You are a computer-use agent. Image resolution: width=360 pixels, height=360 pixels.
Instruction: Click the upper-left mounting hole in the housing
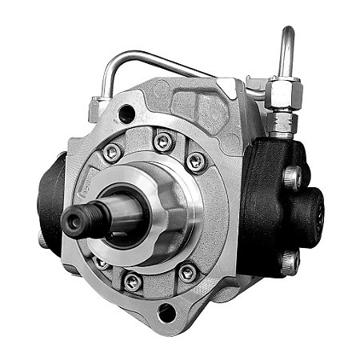tap(126, 114)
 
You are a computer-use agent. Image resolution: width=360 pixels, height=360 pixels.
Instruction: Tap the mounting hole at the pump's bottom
tap(166, 313)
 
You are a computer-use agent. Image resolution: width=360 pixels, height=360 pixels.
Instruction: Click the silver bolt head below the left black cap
tap(43, 238)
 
